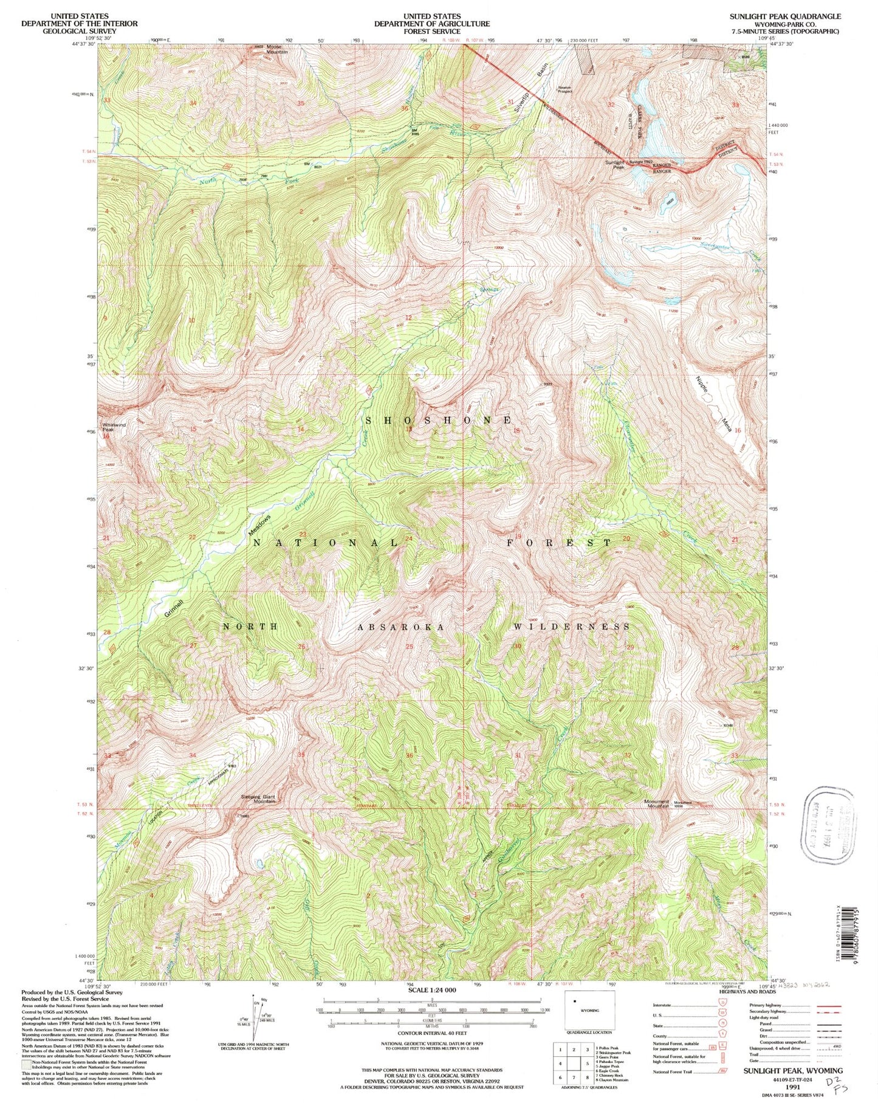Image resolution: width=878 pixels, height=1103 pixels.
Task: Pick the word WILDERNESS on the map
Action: [572, 627]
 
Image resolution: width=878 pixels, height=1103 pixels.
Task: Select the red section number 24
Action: [409, 538]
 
